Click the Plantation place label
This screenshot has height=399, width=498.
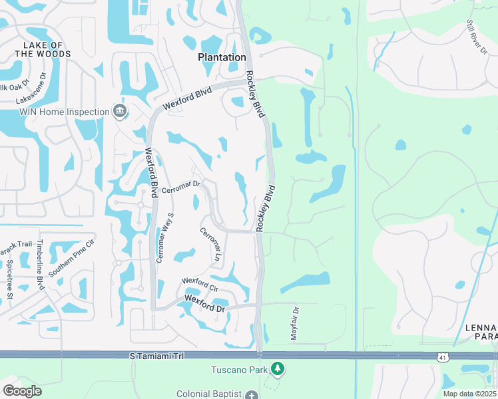(222, 57)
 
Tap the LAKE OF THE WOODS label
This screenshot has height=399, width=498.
(43, 49)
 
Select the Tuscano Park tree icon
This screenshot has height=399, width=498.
(278, 369)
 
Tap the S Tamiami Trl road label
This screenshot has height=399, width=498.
(154, 357)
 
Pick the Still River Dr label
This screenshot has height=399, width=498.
(478, 37)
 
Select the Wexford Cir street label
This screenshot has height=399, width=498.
(200, 284)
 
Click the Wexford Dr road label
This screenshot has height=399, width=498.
(205, 304)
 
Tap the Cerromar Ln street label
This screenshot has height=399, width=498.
(210, 244)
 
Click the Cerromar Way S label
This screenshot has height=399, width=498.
(164, 237)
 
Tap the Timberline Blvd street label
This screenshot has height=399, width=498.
(41, 264)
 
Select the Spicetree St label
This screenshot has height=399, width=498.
(10, 279)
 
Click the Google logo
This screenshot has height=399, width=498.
(22, 390)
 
